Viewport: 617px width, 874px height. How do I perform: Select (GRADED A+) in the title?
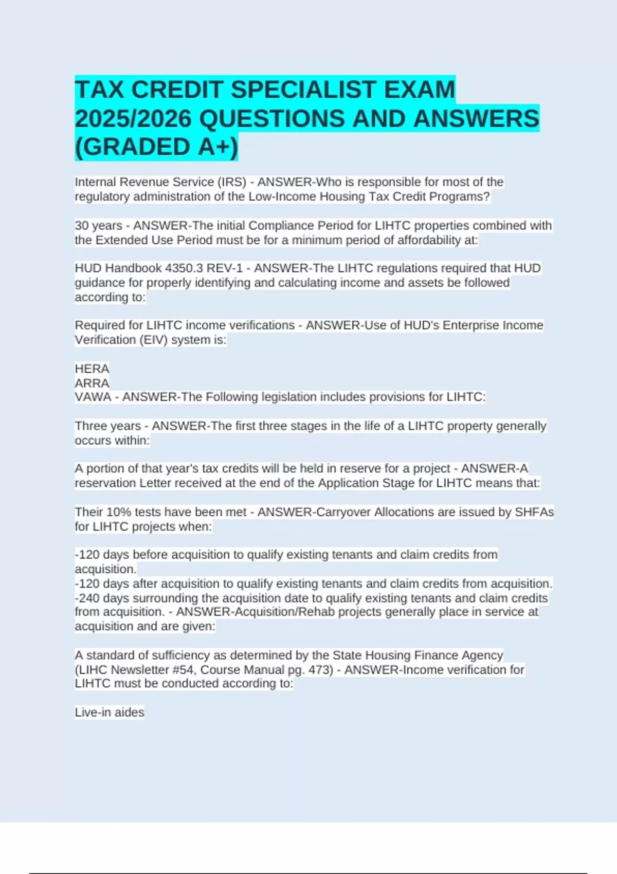coord(156,147)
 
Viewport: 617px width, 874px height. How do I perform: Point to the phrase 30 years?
coord(98,226)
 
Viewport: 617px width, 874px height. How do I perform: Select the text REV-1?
coord(226,268)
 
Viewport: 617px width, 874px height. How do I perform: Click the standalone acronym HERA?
coord(92,369)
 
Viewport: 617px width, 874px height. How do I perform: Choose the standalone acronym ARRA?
coord(92,383)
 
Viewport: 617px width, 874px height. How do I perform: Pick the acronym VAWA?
coord(93,397)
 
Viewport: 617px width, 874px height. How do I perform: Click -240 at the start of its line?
coord(87,598)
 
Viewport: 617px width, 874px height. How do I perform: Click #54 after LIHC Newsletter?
coord(184,670)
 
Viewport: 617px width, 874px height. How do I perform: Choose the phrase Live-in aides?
coord(110,713)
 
